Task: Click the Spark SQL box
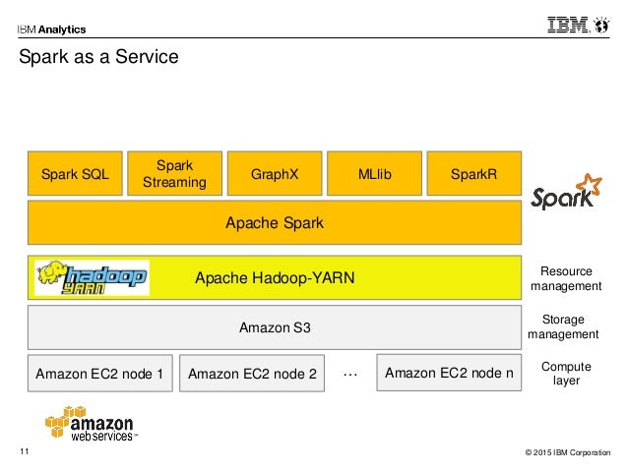click(x=75, y=174)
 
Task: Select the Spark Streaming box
click(x=174, y=174)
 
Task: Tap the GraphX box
click(x=274, y=174)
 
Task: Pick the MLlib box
click(x=374, y=174)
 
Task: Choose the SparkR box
click(x=473, y=174)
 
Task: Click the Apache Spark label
click(x=275, y=223)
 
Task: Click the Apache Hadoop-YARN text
click(x=275, y=278)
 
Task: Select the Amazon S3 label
click(x=275, y=326)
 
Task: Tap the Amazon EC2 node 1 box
click(x=99, y=374)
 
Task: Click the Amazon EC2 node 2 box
click(x=252, y=374)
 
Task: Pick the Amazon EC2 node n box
click(x=449, y=373)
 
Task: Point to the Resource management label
click(x=565, y=278)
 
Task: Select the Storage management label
click(x=563, y=326)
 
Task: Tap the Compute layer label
click(x=566, y=374)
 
